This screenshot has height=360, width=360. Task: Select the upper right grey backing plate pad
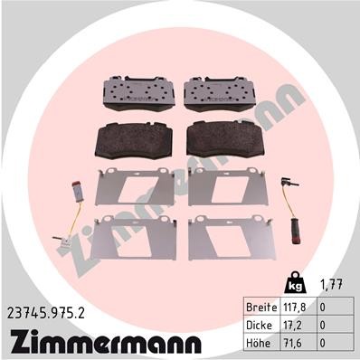[x=223, y=92]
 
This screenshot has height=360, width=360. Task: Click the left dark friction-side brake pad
[x=133, y=138]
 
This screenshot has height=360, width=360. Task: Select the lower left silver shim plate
[x=136, y=238]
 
